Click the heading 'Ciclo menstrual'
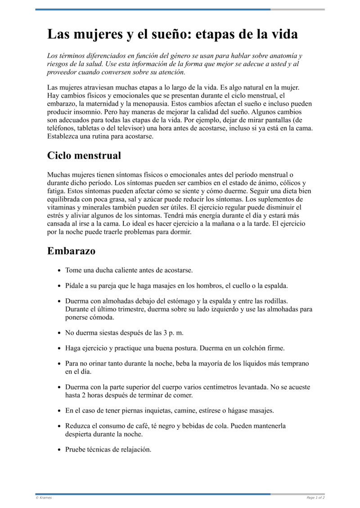coord(84,156)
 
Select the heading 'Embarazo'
coord(71,251)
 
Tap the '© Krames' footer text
coord(44,498)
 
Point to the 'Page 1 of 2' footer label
coord(315,498)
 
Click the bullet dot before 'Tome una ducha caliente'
coord(59,271)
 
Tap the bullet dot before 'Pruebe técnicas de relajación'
coord(59,450)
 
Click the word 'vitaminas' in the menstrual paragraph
coord(61,207)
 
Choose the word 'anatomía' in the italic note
coord(285,56)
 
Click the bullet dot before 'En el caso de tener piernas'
coord(59,411)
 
